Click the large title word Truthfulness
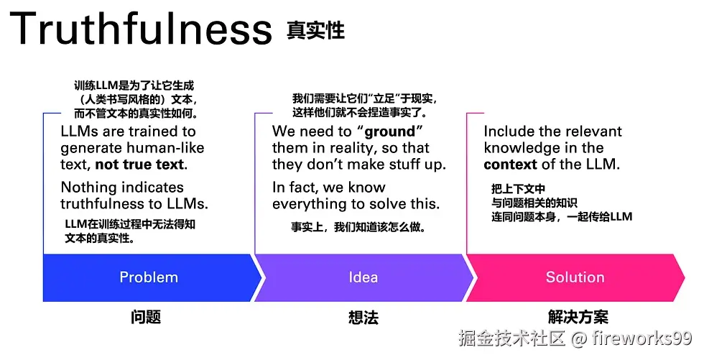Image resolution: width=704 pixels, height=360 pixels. click(141, 30)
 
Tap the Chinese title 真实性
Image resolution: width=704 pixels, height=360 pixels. click(315, 31)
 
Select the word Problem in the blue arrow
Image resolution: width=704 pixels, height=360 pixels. click(149, 277)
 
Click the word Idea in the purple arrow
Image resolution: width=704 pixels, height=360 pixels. click(363, 277)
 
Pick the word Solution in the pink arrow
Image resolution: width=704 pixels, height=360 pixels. click(575, 277)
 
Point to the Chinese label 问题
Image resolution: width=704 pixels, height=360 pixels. click(146, 317)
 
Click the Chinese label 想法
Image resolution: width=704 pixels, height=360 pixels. click(363, 317)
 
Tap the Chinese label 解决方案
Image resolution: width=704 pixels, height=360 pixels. click(578, 317)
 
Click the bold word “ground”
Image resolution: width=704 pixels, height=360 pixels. click(390, 131)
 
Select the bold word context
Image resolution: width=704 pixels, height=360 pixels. click(510, 164)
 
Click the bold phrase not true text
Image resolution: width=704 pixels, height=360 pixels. click(141, 165)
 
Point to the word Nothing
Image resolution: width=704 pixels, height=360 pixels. click(88, 188)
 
